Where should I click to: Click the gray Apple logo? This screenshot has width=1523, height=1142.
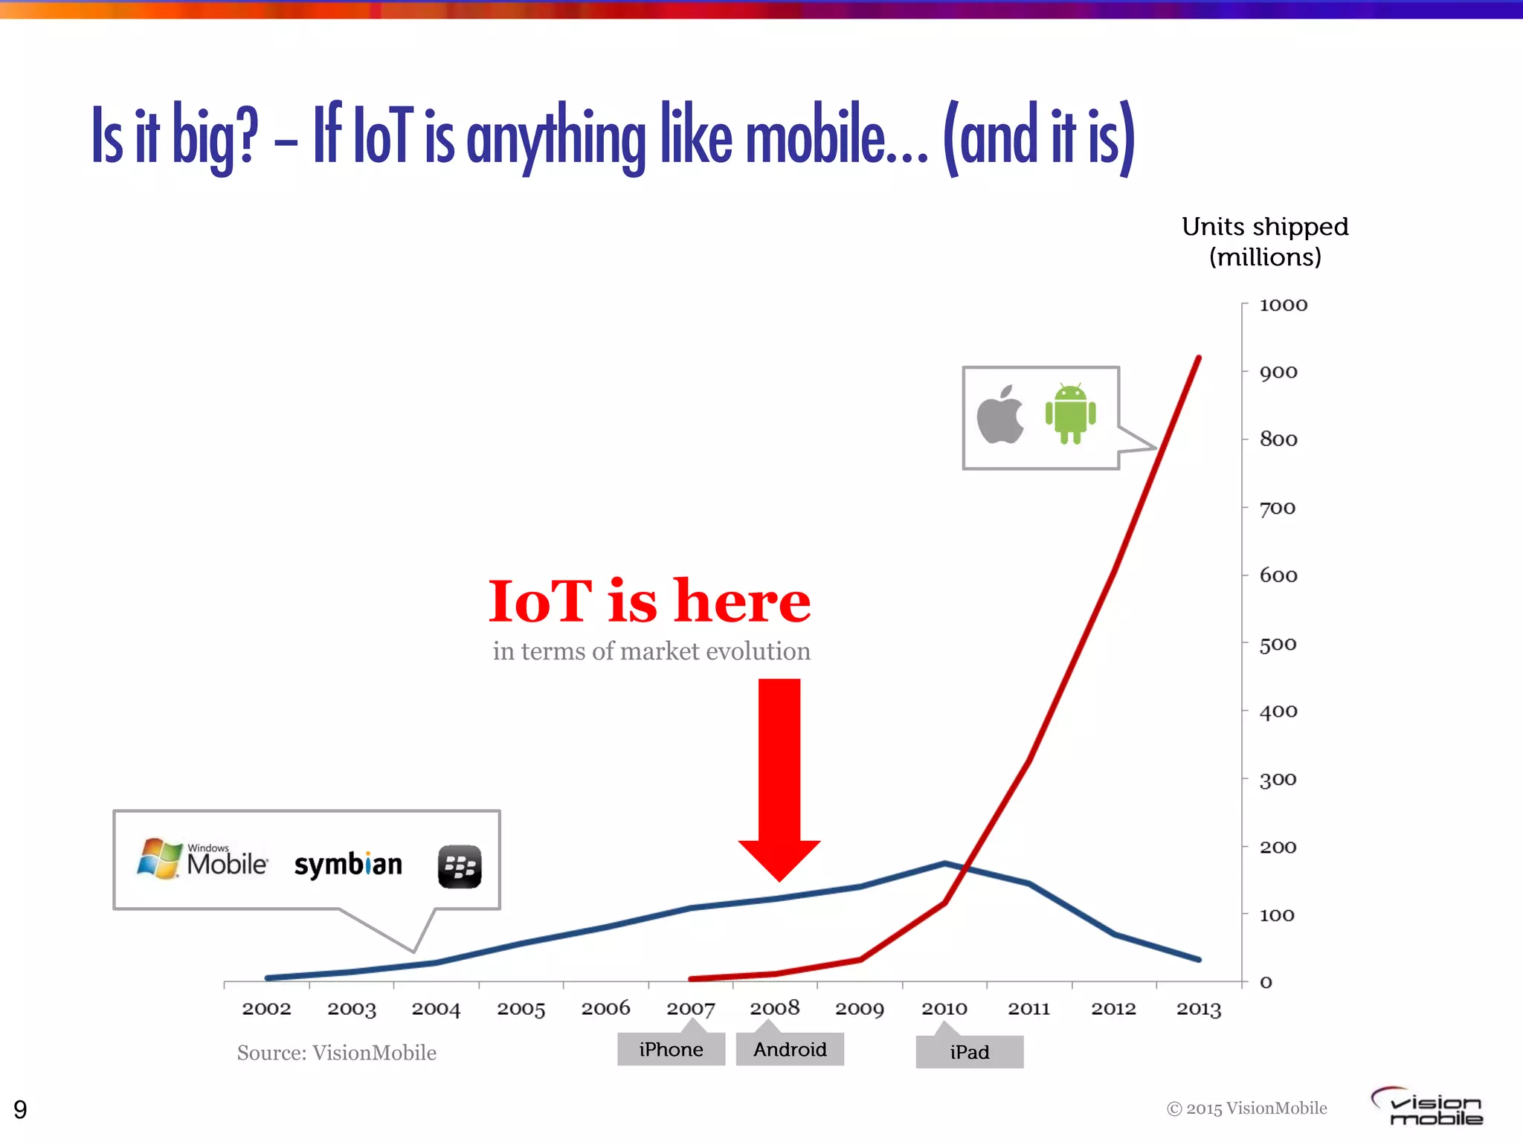point(1000,416)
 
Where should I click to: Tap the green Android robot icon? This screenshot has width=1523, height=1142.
point(1070,414)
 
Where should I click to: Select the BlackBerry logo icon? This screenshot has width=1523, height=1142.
point(460,866)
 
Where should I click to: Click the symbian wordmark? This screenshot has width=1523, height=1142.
point(348,865)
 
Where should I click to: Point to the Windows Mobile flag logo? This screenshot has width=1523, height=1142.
point(159,858)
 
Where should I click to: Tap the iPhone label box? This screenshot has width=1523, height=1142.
point(671,1049)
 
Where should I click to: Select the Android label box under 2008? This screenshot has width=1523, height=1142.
point(790,1049)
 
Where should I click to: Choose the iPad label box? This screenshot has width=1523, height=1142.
point(969,1052)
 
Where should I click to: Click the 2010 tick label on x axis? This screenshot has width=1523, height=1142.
point(944,1009)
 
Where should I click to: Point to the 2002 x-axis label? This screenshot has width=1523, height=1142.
point(266,1009)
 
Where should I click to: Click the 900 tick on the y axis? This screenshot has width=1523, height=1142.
point(1278,372)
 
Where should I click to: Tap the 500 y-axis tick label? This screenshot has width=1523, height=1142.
point(1278,645)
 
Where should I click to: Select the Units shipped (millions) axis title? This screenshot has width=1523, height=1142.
point(1265,242)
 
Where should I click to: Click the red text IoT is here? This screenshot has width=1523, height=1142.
point(649,601)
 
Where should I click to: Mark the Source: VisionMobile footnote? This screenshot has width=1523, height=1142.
point(336,1053)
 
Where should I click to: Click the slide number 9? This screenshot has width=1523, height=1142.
point(20,1109)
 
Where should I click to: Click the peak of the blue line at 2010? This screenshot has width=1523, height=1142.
point(944,863)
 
